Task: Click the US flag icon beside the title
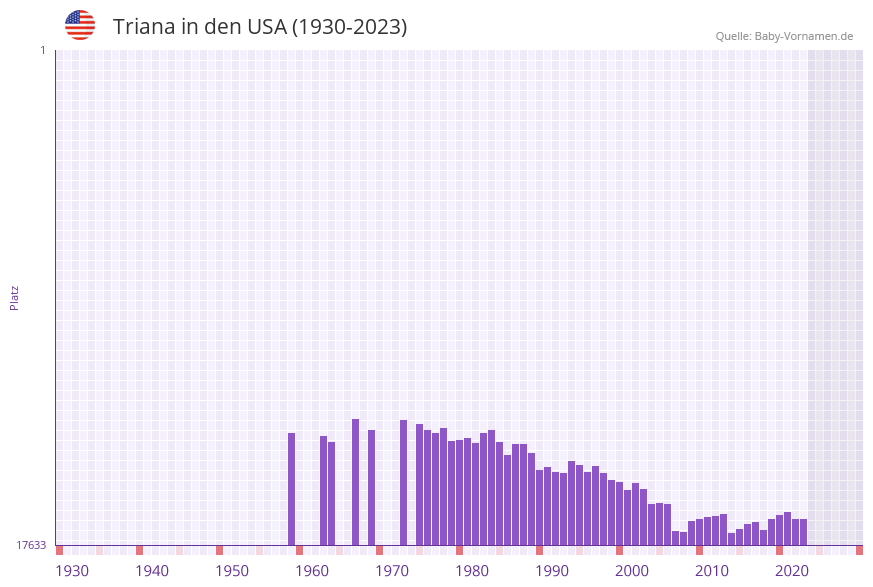[x=80, y=25]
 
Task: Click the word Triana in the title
[x=144, y=27]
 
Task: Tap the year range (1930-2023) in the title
[x=349, y=27]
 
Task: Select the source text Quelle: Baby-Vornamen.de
[x=784, y=36]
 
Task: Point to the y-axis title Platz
[x=15, y=298]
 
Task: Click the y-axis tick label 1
[x=42, y=50]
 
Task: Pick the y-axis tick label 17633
[x=31, y=545]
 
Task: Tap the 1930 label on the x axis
[x=72, y=570]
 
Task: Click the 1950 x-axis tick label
[x=232, y=570]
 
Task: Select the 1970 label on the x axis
[x=392, y=570]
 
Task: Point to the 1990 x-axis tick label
[x=552, y=570]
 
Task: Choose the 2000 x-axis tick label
[x=632, y=570]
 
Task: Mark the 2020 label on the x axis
[x=792, y=570]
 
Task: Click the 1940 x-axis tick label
[x=152, y=570]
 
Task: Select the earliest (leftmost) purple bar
[x=292, y=489]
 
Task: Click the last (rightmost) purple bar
[x=803, y=532]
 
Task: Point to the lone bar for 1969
[x=371, y=487]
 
